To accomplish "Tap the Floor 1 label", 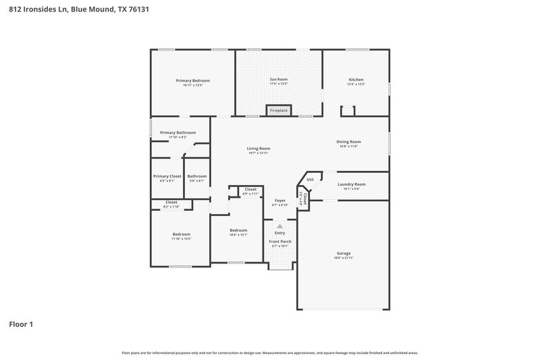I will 21,324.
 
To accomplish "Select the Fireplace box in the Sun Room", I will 279,109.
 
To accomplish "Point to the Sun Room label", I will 279,80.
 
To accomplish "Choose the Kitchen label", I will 356,80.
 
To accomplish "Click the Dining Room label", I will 349,142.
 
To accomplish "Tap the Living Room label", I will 258,149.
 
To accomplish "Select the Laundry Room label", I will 352,184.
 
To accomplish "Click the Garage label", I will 344,253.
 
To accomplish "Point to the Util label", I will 310,180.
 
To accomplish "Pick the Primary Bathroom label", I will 178,133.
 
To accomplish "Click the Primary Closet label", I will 167,176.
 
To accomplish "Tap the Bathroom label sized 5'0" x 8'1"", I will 197,176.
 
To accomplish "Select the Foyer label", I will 280,201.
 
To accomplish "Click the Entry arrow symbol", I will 280,226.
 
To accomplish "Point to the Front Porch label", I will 280,241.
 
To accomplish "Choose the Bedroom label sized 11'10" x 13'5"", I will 181,234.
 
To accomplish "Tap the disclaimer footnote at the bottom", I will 269,353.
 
